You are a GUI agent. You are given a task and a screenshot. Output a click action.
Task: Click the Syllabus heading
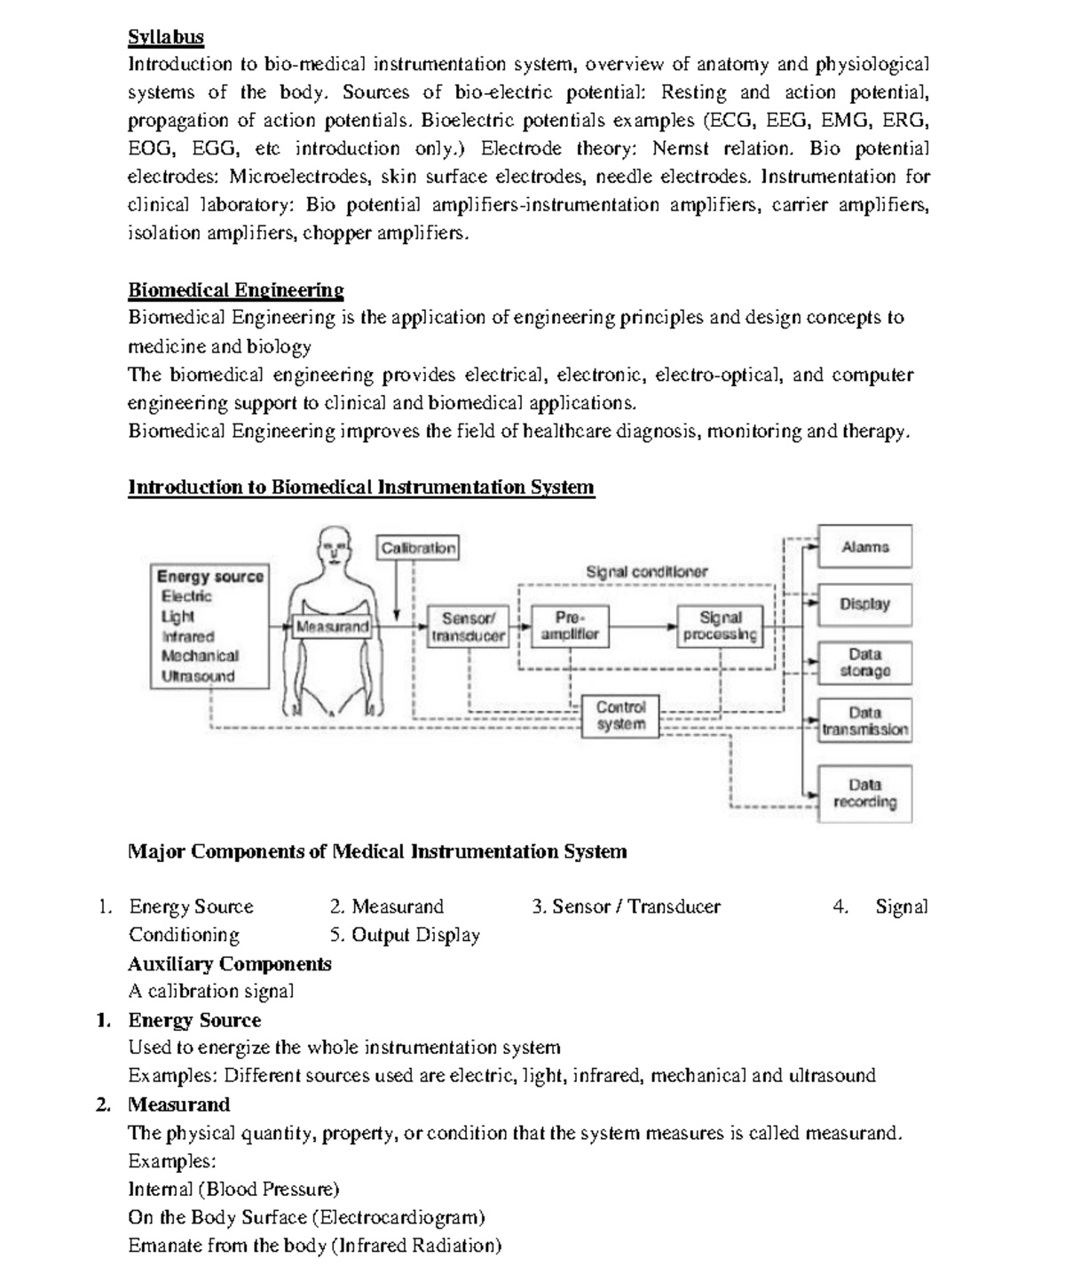[x=166, y=37]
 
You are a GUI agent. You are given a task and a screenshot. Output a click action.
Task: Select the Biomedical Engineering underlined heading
[x=235, y=290]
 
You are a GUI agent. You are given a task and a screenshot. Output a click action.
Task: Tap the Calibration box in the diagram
[x=418, y=548]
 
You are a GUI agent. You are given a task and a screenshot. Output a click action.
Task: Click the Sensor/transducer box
[x=468, y=627]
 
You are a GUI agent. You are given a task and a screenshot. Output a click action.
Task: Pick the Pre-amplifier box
[x=569, y=626]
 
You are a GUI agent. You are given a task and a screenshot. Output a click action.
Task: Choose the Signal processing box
[x=720, y=626]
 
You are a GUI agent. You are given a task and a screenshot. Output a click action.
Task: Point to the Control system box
[x=620, y=716]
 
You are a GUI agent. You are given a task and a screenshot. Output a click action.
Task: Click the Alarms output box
[x=864, y=547]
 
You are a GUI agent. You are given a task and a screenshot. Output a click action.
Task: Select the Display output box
[x=864, y=605]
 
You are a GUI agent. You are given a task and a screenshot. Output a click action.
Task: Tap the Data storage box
[x=864, y=663]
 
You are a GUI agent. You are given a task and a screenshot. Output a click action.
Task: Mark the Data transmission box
[x=864, y=721]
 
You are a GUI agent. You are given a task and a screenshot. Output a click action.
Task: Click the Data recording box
[x=864, y=794]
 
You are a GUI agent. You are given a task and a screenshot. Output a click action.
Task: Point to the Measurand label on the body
[x=332, y=627]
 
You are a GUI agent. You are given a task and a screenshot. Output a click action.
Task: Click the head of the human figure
[x=333, y=543]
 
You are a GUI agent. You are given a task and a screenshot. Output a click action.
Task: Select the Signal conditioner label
[x=646, y=573]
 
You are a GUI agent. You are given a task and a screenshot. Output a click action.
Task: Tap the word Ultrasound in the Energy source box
[x=198, y=677]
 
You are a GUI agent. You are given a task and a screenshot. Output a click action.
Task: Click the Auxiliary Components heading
[x=229, y=964]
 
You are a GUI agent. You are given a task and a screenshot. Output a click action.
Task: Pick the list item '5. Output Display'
[x=405, y=936]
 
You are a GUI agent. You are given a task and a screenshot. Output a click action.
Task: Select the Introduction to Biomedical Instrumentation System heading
[x=361, y=487]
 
